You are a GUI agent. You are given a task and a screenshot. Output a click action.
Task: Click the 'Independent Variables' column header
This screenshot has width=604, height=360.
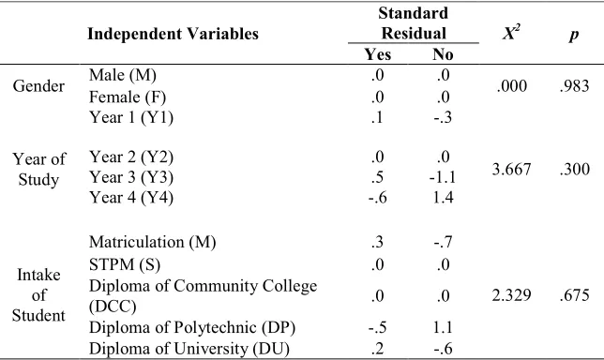point(173,34)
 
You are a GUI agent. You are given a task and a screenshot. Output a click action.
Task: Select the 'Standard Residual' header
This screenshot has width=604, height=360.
point(414,23)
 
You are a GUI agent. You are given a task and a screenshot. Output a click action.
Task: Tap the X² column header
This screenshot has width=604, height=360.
point(511,33)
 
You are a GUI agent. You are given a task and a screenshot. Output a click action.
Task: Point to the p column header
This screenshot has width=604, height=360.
point(574,35)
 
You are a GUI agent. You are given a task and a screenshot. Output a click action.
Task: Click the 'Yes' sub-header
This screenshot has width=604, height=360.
point(378,54)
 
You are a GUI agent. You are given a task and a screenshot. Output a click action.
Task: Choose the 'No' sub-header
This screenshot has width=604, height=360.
point(443,54)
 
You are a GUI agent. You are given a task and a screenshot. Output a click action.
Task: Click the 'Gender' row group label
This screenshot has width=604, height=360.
point(38,86)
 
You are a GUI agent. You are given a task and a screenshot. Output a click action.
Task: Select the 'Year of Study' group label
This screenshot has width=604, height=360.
point(38,170)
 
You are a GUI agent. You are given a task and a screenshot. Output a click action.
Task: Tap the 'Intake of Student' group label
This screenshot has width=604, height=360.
point(38,295)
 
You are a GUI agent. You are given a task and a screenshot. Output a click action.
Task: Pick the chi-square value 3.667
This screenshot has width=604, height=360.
point(511,170)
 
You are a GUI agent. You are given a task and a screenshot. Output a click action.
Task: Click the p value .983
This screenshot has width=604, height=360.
point(574,86)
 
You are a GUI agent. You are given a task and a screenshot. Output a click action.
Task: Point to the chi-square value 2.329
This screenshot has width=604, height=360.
point(511,295)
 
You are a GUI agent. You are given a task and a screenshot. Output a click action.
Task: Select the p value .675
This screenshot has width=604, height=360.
point(574,295)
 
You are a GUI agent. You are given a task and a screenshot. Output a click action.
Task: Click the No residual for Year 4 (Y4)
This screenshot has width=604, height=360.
point(443,198)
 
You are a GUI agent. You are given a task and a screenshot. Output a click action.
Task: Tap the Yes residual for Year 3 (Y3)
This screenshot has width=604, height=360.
point(377,177)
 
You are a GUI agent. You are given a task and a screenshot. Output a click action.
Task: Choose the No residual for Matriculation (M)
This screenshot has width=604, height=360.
point(443,242)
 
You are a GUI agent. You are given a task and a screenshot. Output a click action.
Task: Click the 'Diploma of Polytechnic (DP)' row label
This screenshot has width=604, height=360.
point(192,328)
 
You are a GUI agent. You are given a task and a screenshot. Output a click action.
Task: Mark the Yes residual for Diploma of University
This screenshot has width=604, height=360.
point(377,349)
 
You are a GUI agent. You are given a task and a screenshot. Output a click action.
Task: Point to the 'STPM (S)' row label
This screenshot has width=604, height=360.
point(125,265)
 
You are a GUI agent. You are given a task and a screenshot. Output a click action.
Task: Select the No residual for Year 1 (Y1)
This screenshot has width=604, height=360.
point(443,117)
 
